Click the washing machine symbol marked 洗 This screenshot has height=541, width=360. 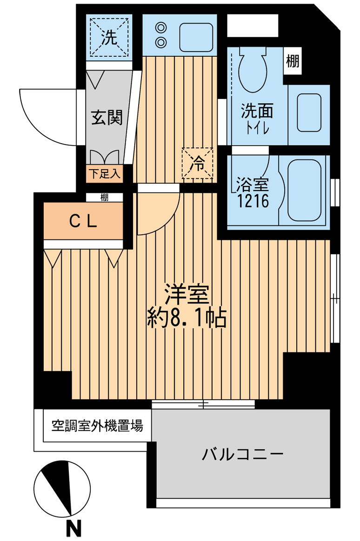pos(109,37)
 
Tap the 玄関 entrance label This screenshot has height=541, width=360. pos(107,117)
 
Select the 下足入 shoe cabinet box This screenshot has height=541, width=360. pos(105,174)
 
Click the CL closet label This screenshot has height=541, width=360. pos(84,222)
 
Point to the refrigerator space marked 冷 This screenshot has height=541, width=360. pos(198,163)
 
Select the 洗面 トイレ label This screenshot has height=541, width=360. pos(256,118)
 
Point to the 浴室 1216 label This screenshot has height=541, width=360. pos(253,193)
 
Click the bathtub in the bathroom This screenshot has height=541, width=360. pos(305,191)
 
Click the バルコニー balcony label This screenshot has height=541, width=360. pos(242,454)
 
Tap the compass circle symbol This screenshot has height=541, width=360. pos(61,488)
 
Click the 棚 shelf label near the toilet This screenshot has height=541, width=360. pos(293,61)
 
